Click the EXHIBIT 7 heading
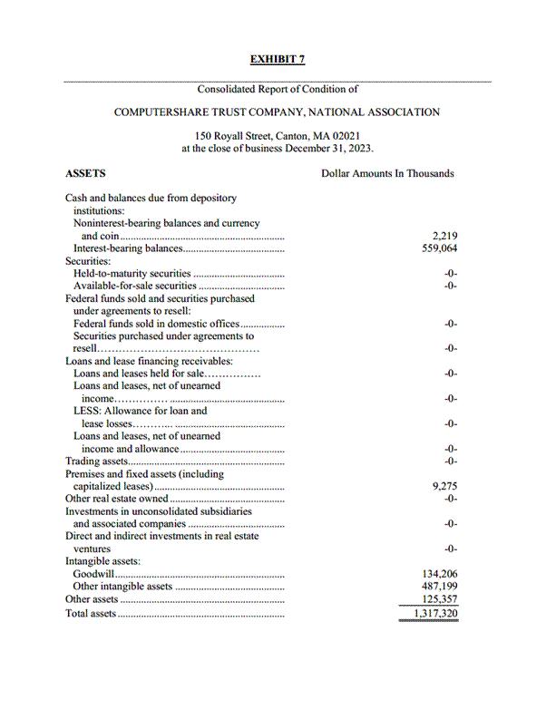(x=278, y=60)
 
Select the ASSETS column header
(x=85, y=173)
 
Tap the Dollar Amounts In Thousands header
(x=387, y=173)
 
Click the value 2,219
(x=445, y=236)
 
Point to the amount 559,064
(x=440, y=248)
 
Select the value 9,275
(x=445, y=486)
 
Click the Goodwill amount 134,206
(x=440, y=574)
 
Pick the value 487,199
(x=440, y=587)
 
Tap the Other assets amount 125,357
(x=440, y=599)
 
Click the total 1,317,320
(x=435, y=614)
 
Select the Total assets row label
(x=91, y=614)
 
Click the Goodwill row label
(x=94, y=574)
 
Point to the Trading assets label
(x=96, y=462)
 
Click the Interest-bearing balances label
(x=128, y=248)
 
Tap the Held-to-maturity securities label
(x=132, y=273)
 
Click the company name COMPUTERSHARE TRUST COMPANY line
(x=277, y=112)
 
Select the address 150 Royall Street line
(x=277, y=136)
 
